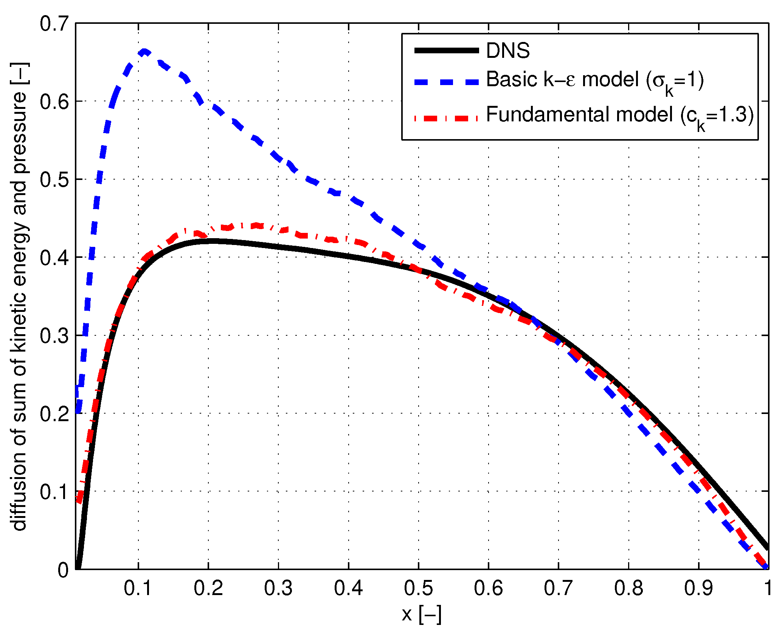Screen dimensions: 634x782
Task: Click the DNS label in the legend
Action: (x=508, y=51)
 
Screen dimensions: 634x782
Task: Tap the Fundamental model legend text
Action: (x=620, y=115)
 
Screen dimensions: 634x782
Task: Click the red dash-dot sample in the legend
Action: (x=447, y=118)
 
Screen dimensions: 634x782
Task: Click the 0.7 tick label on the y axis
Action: (x=54, y=24)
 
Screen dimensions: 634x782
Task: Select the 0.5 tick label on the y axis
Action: (x=54, y=180)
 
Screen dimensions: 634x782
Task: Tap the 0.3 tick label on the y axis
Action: (x=54, y=336)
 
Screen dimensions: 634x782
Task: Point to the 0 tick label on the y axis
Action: (x=64, y=570)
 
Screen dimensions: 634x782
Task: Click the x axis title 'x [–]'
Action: (x=421, y=614)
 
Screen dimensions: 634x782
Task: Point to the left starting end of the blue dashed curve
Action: (x=78, y=410)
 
